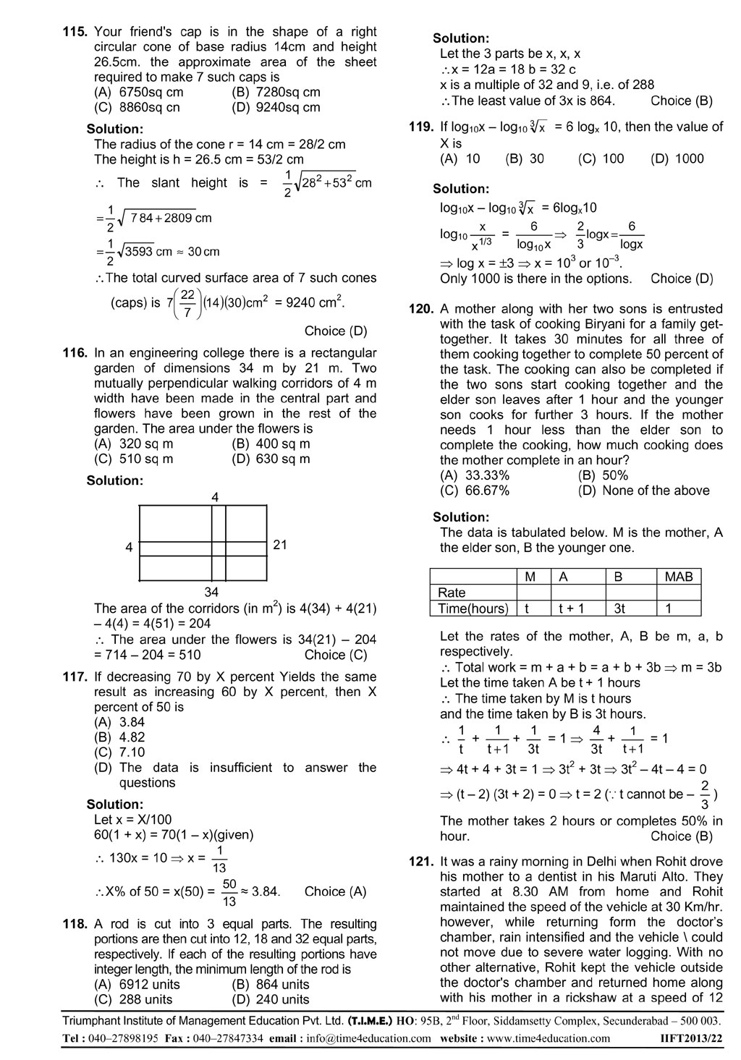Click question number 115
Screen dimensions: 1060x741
[75, 32]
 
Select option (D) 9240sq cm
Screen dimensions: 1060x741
[276, 107]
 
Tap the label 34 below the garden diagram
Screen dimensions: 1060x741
[211, 593]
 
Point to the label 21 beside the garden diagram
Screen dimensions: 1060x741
[280, 545]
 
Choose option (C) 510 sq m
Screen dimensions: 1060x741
[134, 459]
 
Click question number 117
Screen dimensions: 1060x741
[75, 677]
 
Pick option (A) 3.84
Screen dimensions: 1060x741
[119, 722]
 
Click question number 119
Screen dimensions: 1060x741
[421, 127]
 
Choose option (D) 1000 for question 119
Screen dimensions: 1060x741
[677, 158]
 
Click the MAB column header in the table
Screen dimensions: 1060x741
[678, 577]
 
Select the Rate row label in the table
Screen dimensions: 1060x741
[452, 593]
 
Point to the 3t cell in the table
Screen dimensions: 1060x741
[619, 609]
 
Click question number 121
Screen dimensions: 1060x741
[421, 862]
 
